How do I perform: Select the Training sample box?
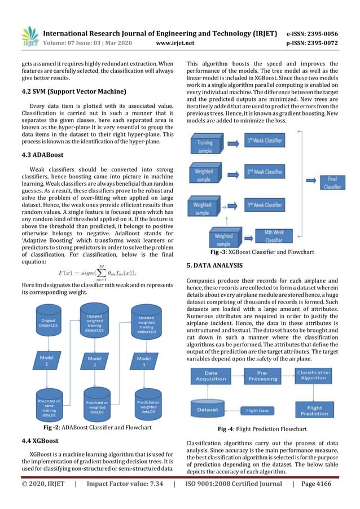coord(205,143)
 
